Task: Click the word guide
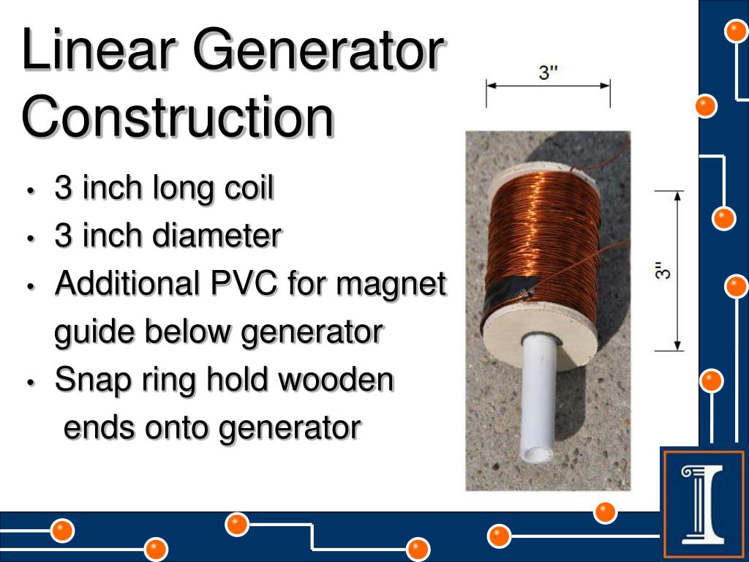(x=94, y=333)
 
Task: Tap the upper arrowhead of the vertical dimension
(x=678, y=196)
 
